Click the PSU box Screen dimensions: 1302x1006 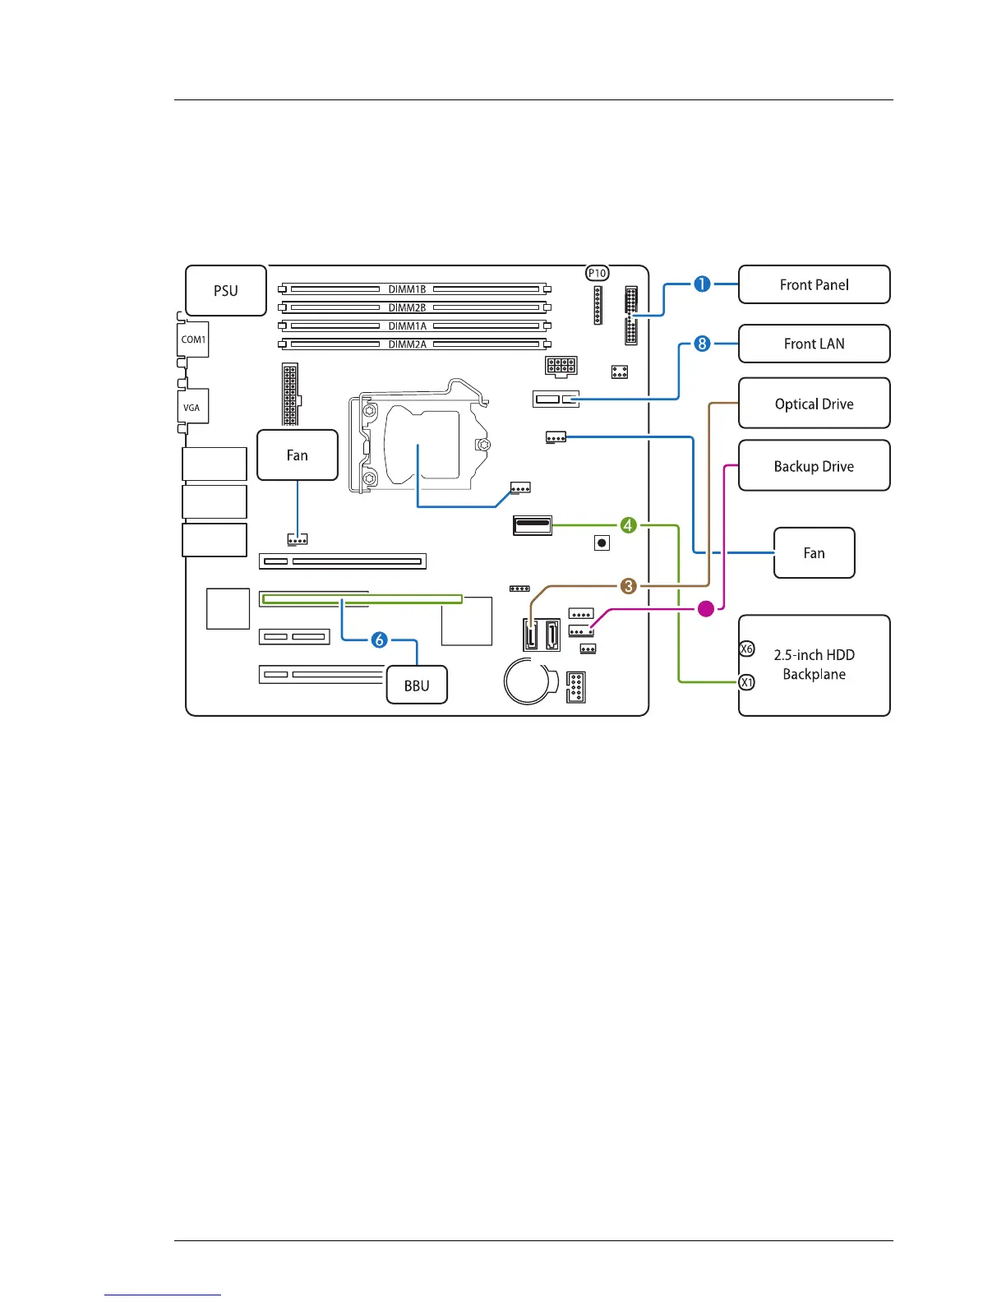click(x=226, y=291)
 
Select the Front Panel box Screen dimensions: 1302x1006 click(x=814, y=284)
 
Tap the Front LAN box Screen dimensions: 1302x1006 click(x=814, y=344)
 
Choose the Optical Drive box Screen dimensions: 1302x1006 click(x=814, y=404)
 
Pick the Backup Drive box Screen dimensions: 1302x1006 click(x=814, y=466)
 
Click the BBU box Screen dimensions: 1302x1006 click(x=417, y=686)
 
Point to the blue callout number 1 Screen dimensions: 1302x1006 click(x=702, y=284)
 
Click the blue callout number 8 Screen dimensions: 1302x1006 click(x=702, y=343)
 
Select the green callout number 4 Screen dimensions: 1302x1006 click(x=628, y=524)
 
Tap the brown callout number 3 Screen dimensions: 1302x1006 click(x=628, y=586)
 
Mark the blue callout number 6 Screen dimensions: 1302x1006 click(x=379, y=639)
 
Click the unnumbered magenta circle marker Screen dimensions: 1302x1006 click(x=705, y=609)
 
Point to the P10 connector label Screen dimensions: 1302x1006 click(x=598, y=273)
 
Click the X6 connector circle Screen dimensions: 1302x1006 click(x=746, y=649)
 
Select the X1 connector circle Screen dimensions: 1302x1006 click(x=746, y=682)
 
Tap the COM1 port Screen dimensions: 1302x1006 click(x=193, y=339)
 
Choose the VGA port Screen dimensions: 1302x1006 click(x=192, y=407)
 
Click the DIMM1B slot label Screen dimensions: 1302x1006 click(x=407, y=289)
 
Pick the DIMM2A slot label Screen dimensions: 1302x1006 click(x=407, y=344)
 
